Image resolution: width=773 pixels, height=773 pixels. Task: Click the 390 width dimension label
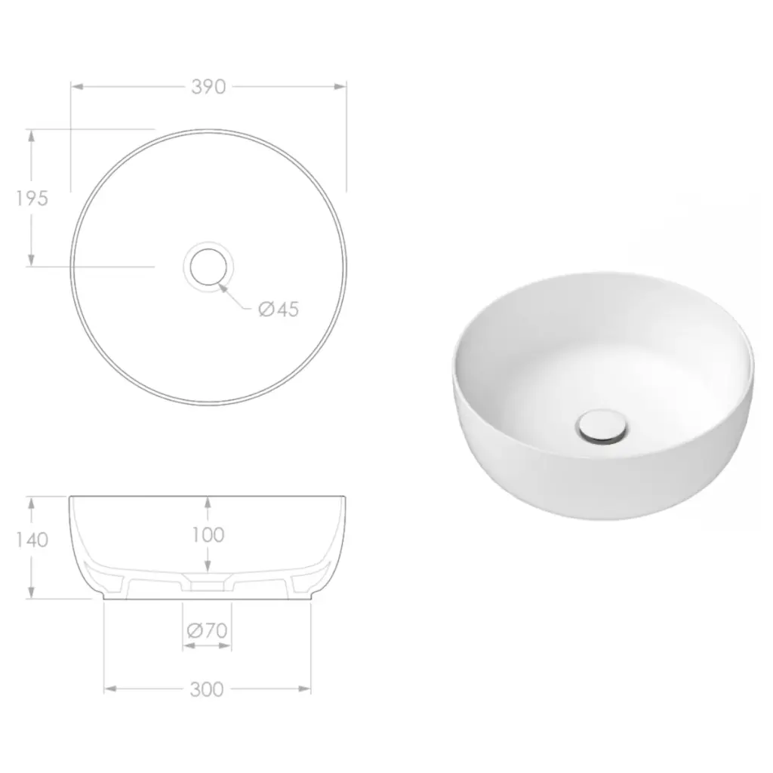point(208,87)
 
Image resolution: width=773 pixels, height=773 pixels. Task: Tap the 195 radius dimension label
point(32,199)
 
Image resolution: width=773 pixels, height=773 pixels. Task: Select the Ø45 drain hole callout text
point(279,309)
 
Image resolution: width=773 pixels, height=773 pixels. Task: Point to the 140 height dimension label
point(32,540)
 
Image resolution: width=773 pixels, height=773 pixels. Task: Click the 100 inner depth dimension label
point(208,535)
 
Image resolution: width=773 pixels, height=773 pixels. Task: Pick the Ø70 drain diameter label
point(207,630)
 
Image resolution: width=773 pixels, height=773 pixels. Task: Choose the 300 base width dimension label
point(207,689)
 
